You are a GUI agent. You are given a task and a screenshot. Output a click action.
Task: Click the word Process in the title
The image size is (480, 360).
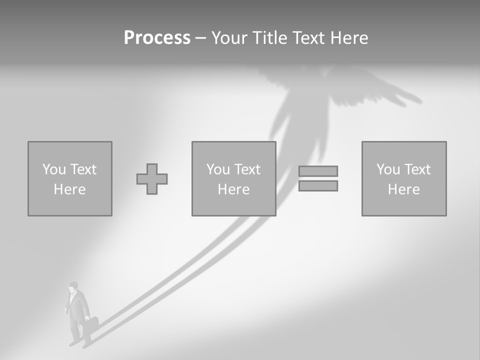(x=157, y=38)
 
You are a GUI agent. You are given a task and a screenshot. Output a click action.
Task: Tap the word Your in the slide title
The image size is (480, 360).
(x=229, y=38)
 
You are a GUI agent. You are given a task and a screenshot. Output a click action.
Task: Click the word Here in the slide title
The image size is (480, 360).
(x=348, y=38)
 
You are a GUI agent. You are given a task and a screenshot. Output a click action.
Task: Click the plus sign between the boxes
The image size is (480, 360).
(x=152, y=179)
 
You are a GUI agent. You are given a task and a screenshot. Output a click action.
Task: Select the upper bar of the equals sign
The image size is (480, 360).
(x=318, y=171)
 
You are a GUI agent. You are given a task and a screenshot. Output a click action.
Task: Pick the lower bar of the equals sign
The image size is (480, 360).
(x=318, y=186)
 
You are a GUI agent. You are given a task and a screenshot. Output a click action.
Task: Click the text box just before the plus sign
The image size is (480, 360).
(x=70, y=178)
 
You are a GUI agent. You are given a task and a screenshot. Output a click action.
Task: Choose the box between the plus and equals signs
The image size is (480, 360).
(x=233, y=178)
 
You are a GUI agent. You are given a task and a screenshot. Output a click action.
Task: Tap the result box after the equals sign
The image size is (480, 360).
(x=404, y=178)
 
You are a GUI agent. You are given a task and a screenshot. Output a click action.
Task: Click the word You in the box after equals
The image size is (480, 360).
(x=388, y=169)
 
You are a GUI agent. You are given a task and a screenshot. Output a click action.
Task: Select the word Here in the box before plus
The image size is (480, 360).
(x=70, y=189)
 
